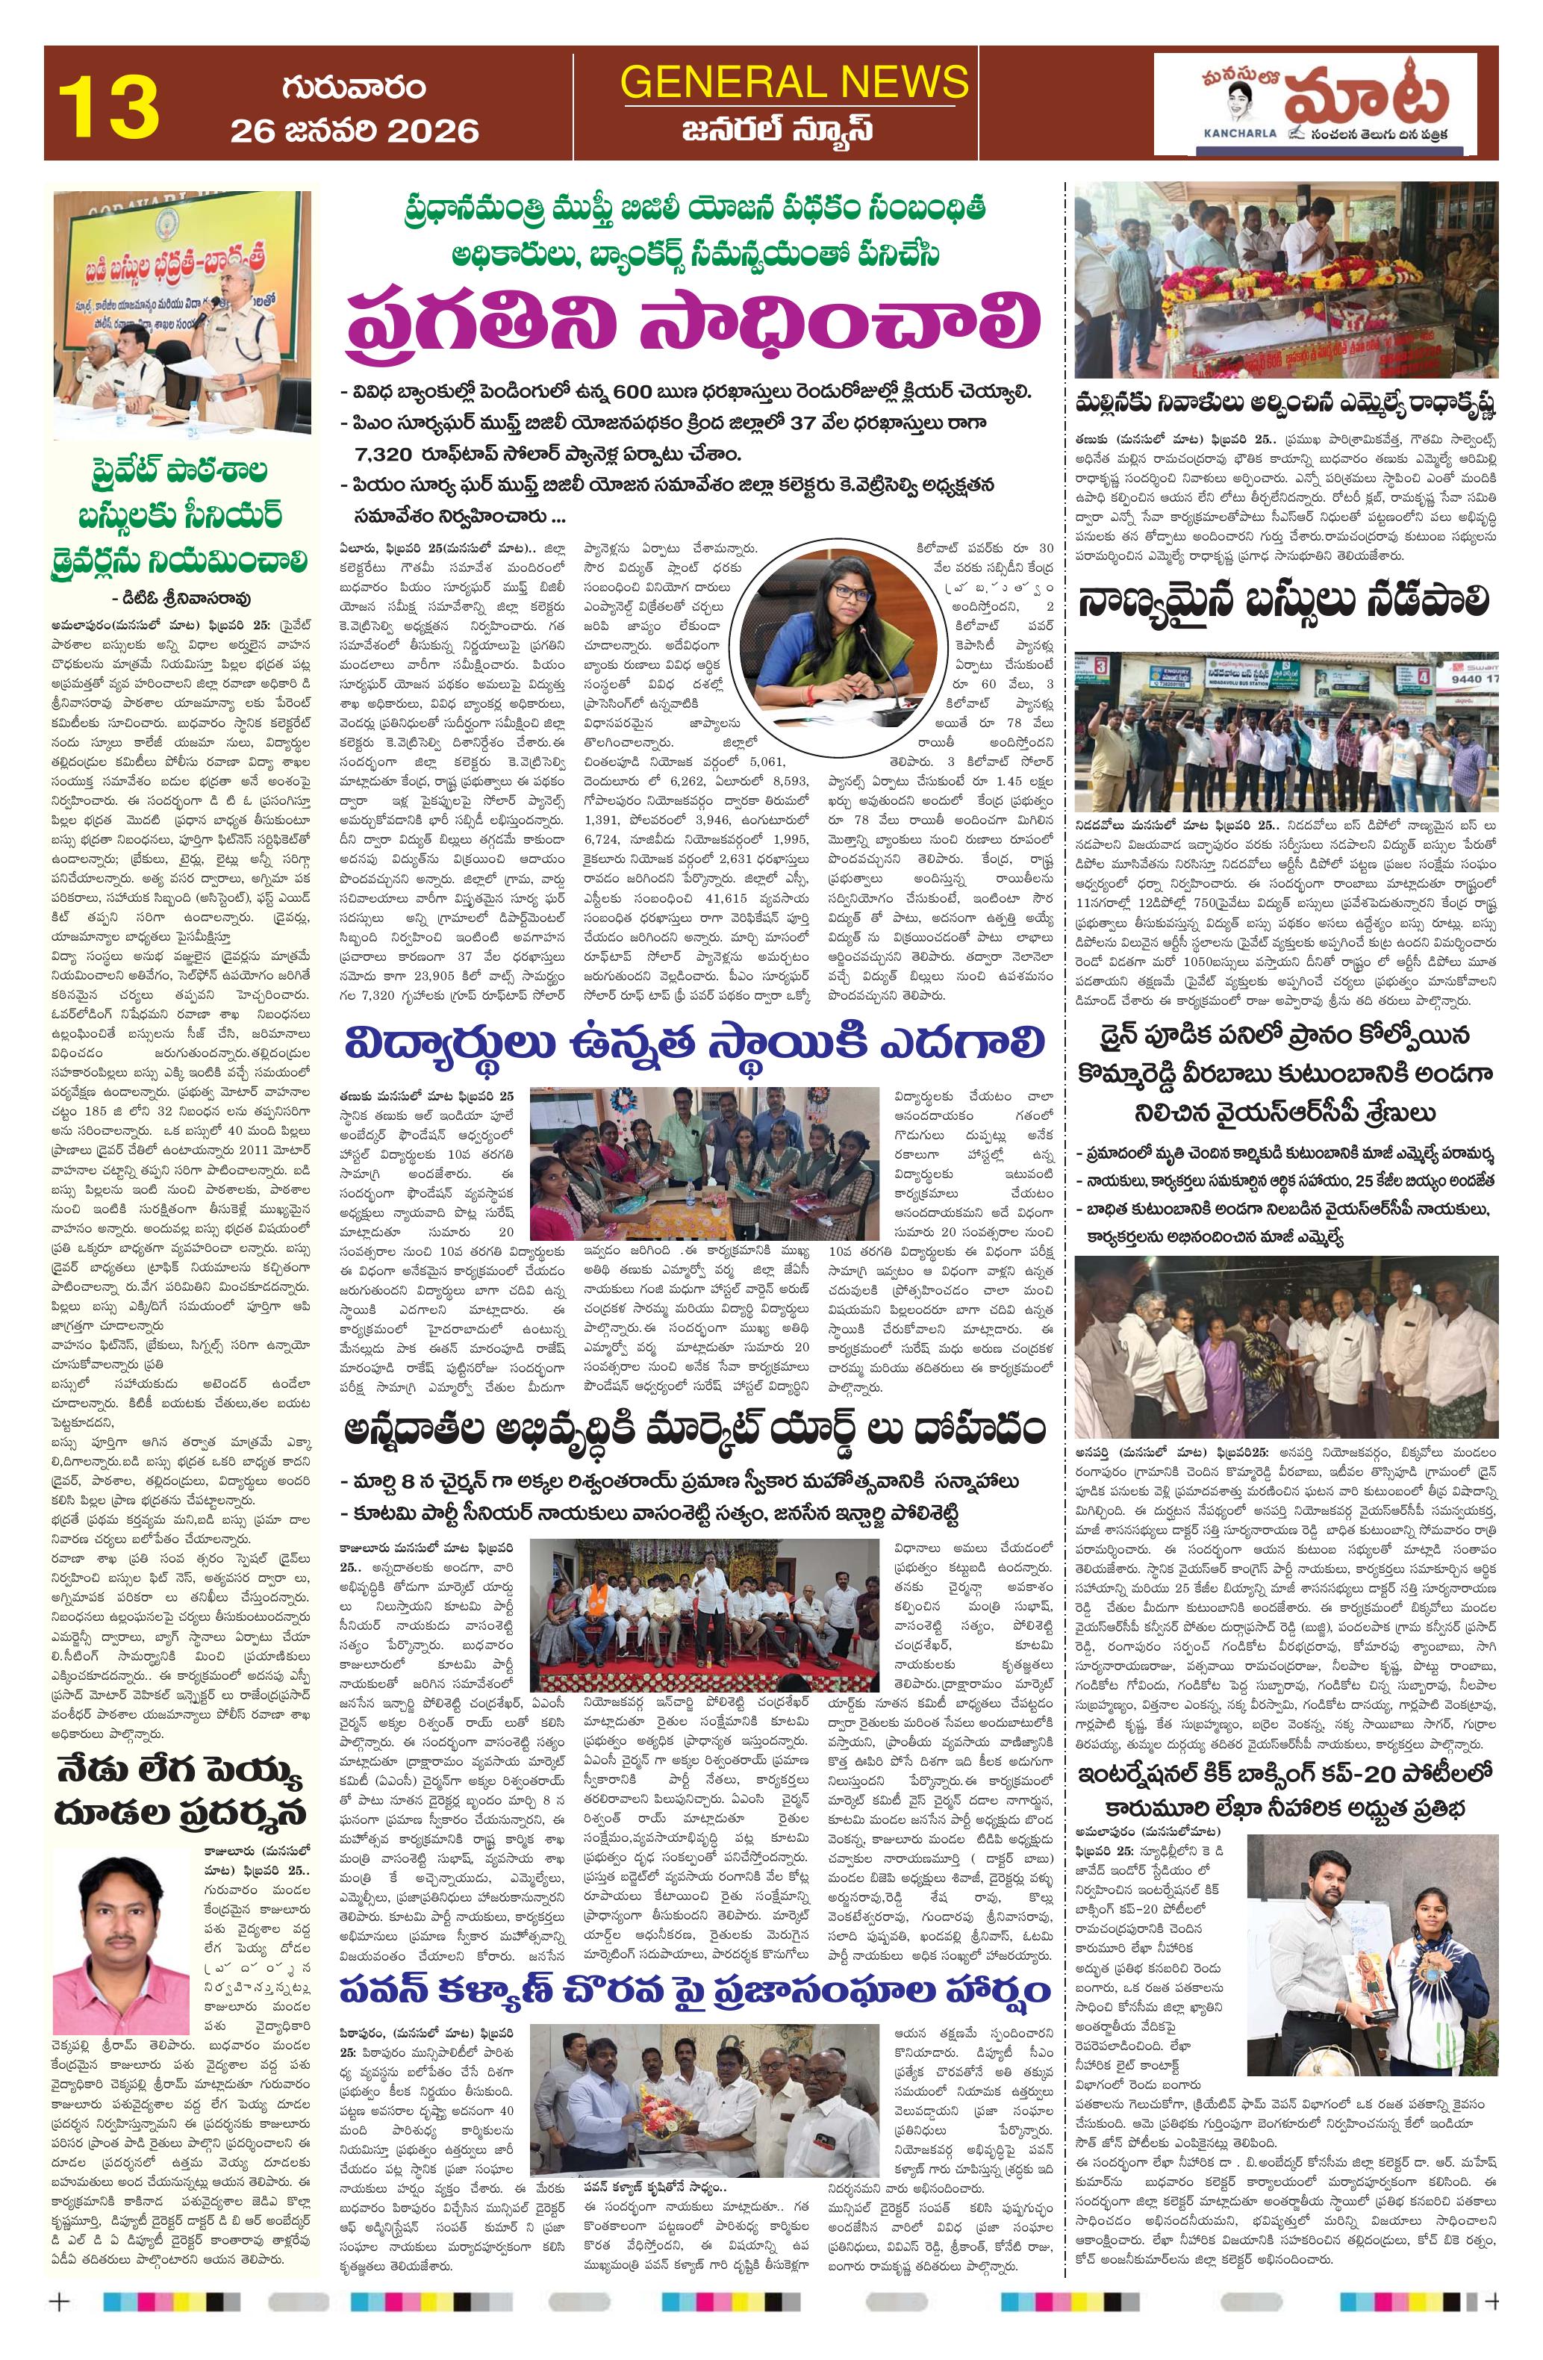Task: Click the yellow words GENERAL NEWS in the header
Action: [794, 81]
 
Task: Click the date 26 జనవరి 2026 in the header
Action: [354, 131]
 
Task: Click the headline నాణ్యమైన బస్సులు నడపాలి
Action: [1285, 602]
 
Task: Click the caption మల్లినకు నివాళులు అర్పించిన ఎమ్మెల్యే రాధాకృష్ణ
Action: [1285, 405]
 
